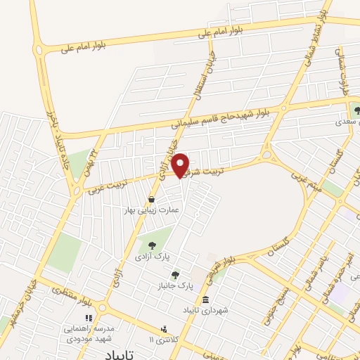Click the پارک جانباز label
click(174, 287)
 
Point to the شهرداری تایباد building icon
click(205, 300)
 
